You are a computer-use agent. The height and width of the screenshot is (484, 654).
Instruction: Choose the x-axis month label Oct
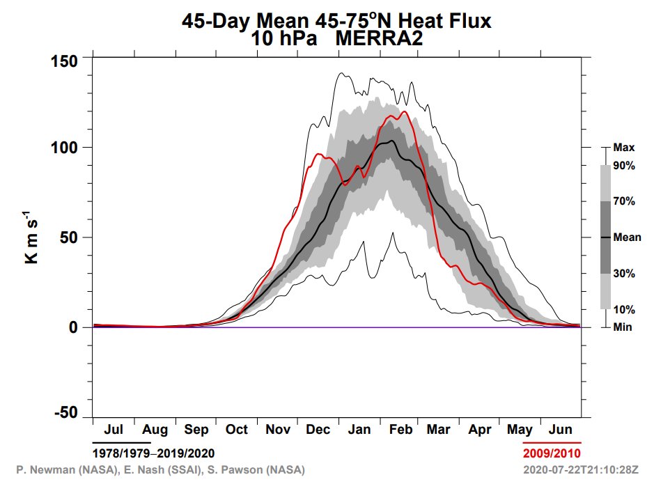[236, 430]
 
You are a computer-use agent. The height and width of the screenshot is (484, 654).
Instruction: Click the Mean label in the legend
[627, 237]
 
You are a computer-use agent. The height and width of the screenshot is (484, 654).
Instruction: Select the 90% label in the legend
[623, 165]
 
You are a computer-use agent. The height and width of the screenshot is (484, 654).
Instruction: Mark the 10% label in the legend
[623, 309]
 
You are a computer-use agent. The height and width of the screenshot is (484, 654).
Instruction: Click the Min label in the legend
[622, 327]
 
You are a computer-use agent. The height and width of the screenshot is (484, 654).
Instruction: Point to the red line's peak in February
[403, 111]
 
